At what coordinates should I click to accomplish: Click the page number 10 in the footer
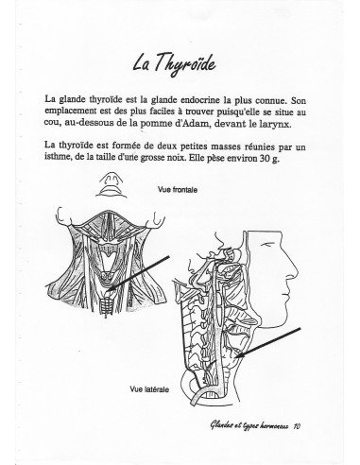297,426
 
